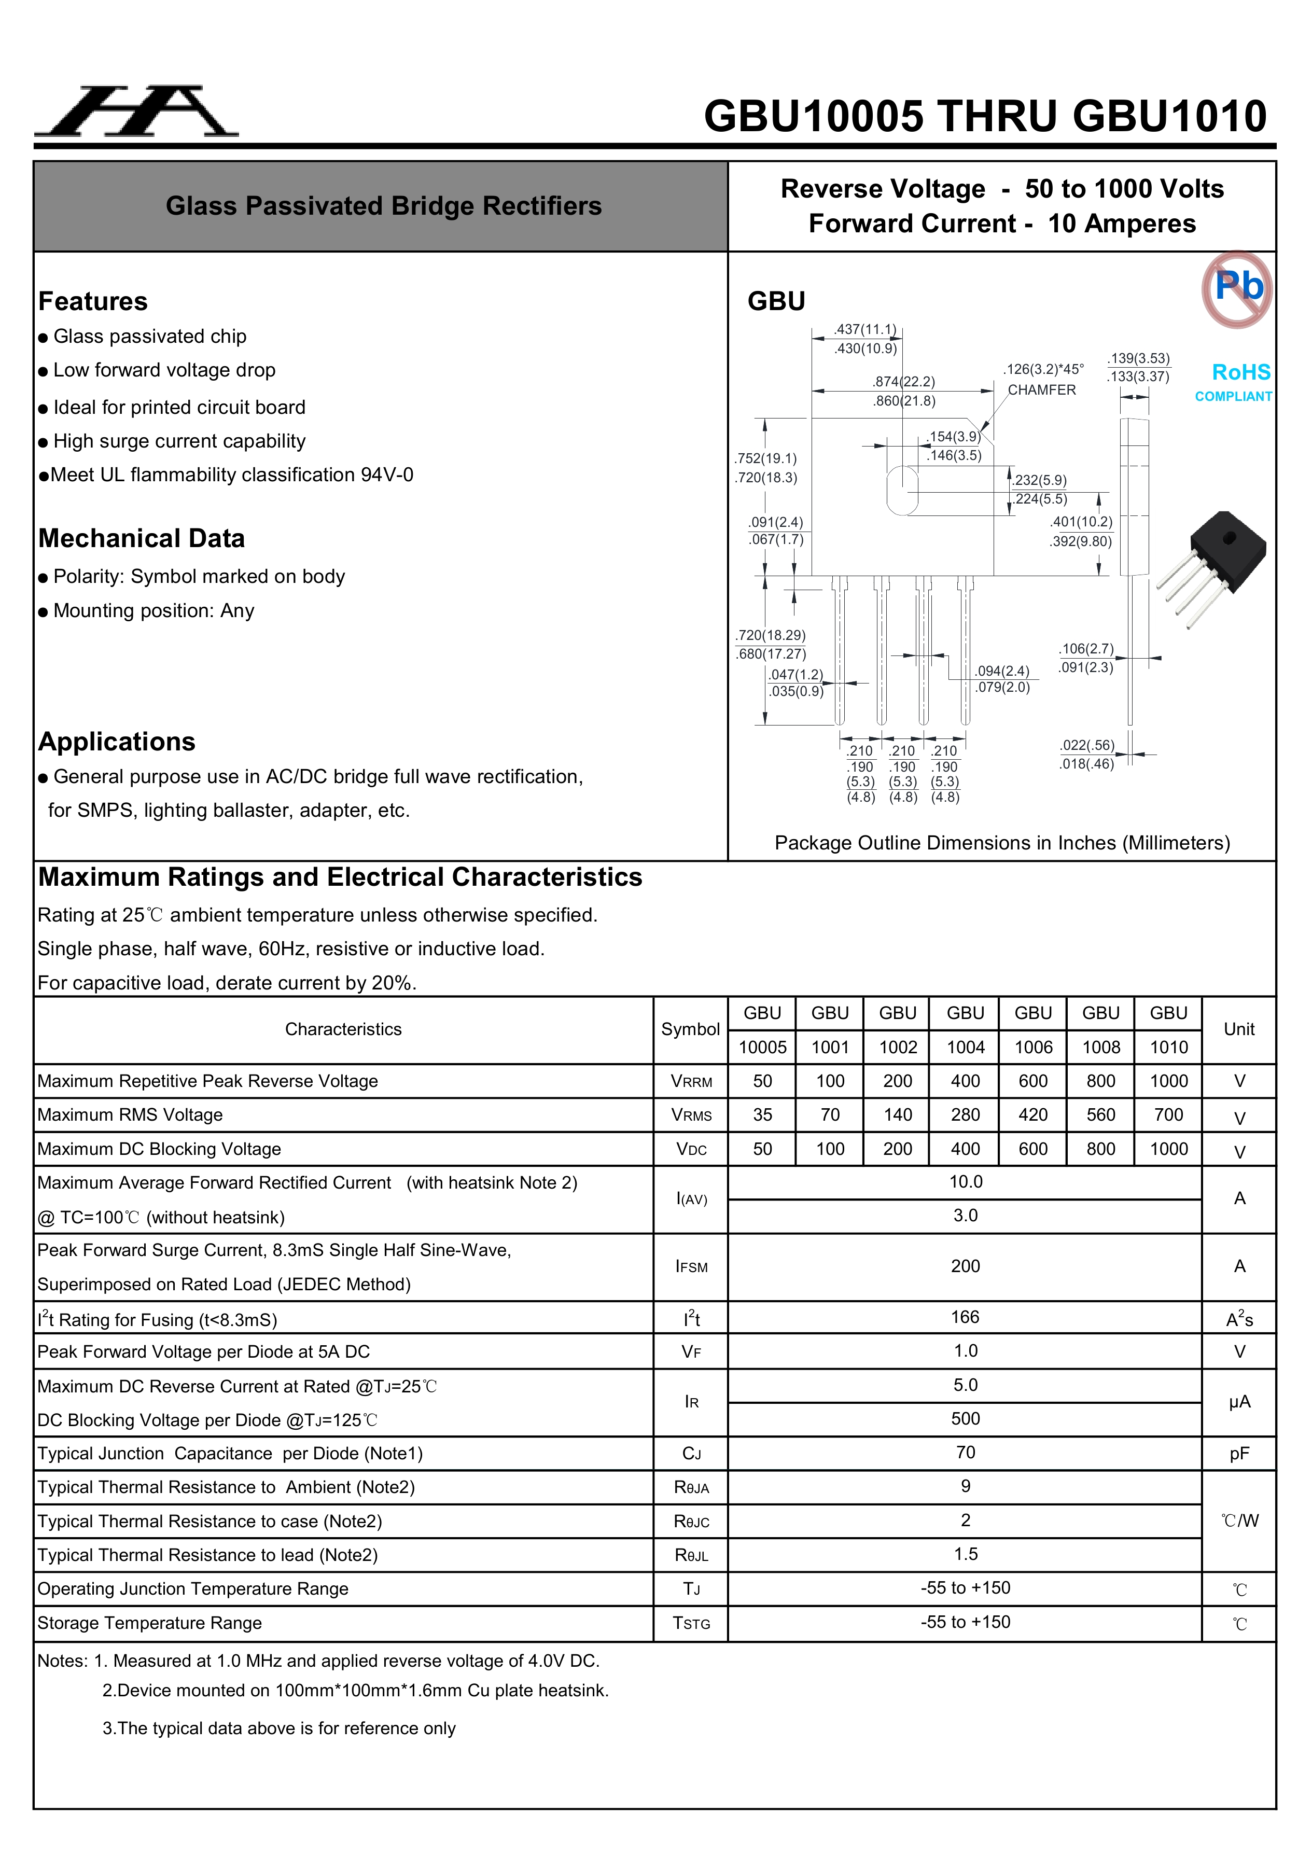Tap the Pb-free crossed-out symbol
click(x=1237, y=288)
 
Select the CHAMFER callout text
click(x=1041, y=390)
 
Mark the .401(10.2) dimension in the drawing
click(x=1081, y=522)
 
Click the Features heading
click(x=93, y=301)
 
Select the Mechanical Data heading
click(x=142, y=538)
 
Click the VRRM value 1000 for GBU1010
click(x=1168, y=1081)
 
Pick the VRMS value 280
click(x=966, y=1115)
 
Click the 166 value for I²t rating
click(x=966, y=1317)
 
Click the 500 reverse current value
click(x=966, y=1419)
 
